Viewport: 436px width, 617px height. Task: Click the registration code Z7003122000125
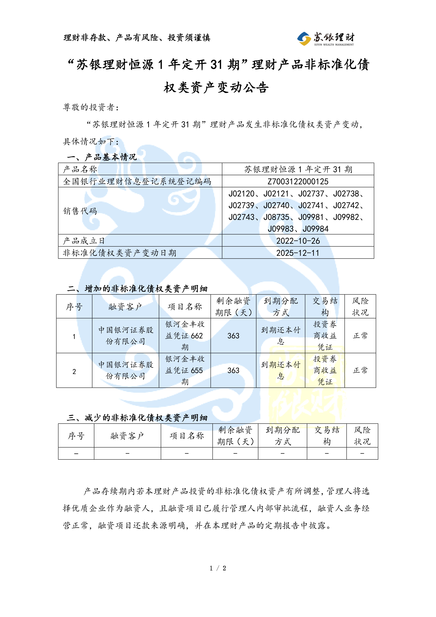click(298, 181)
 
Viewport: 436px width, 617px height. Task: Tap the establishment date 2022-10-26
click(298, 241)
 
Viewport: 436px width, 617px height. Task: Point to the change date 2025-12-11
click(298, 253)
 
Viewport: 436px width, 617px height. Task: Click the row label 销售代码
click(80, 211)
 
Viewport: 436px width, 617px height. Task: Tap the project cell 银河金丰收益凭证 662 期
click(185, 336)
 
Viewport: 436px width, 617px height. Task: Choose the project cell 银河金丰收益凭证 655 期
click(185, 370)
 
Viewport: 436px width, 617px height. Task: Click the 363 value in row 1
click(233, 336)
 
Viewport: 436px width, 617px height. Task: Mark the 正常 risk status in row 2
click(360, 370)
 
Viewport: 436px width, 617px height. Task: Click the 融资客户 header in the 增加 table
click(125, 307)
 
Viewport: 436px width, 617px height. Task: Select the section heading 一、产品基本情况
click(102, 157)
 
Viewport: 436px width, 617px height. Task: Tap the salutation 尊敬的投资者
click(91, 107)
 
